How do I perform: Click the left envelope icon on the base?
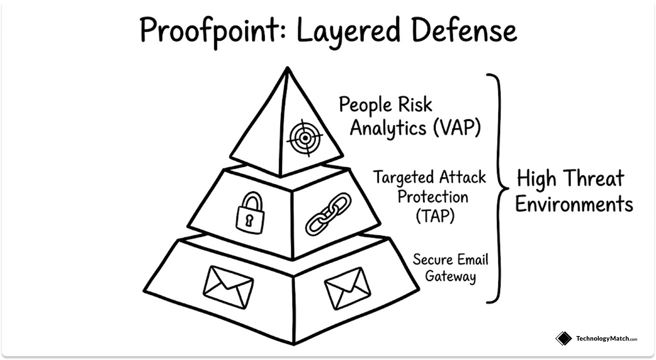pyautogui.click(x=228, y=282)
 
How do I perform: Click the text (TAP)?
pyautogui.click(x=432, y=215)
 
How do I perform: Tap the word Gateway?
pyautogui.click(x=450, y=277)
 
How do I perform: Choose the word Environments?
pyautogui.click(x=574, y=204)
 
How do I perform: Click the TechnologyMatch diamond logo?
pyautogui.click(x=564, y=338)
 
